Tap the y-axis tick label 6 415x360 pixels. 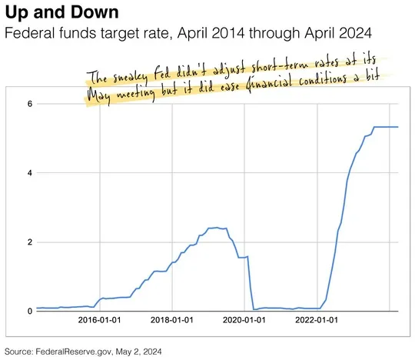coord(28,103)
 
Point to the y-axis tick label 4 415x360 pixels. coord(28,172)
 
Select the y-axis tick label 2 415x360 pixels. coord(28,242)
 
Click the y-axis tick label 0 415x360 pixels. coord(28,311)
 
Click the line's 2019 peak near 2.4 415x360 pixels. coord(217,228)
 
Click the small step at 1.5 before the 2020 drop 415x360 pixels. coord(243,257)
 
